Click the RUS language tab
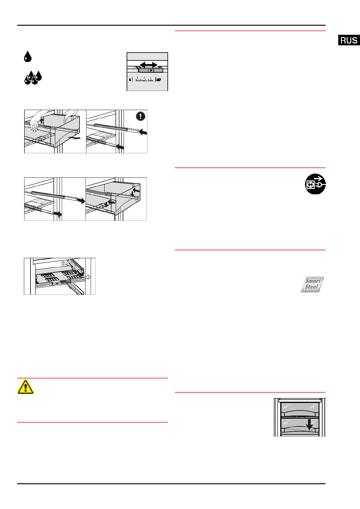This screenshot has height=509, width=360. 349,40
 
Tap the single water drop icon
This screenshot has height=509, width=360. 28,57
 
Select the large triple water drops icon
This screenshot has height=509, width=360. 33,78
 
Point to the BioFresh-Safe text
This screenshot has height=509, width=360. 144,80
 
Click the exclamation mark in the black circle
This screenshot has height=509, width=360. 141,116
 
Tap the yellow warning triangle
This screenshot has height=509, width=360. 26,387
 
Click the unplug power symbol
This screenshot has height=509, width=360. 315,184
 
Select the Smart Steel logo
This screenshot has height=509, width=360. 312,284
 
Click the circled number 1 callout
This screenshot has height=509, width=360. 63,263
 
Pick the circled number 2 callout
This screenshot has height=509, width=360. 88,277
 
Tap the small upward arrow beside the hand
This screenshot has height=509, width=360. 42,121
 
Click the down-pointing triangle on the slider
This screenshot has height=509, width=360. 151,70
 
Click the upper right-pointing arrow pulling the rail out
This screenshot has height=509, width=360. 81,200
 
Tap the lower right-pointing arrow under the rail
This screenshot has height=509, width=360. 58,214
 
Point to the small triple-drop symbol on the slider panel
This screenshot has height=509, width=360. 158,80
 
